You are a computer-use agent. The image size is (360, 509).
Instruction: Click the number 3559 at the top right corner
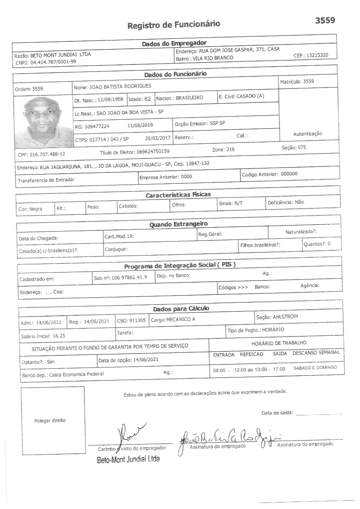pyautogui.click(x=325, y=20)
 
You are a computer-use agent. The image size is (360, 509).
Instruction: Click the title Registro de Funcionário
pyautogui.click(x=173, y=24)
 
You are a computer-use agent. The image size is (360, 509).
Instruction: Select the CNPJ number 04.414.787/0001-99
pyautogui.click(x=53, y=62)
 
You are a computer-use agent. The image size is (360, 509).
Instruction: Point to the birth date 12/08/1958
pyautogui.click(x=110, y=99)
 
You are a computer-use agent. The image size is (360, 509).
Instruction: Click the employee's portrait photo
pyautogui.click(x=42, y=117)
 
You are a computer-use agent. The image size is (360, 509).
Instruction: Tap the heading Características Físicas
pyautogui.click(x=178, y=195)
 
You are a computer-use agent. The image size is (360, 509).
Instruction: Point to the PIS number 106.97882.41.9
pyautogui.click(x=129, y=277)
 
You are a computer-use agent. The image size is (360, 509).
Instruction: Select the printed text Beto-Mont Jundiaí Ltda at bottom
pyautogui.click(x=128, y=459)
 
